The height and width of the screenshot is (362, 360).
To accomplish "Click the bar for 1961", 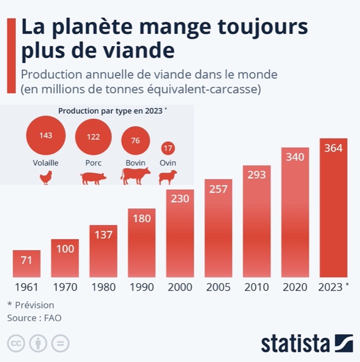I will click(x=26, y=263).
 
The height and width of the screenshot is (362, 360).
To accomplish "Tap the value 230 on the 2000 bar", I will click(x=180, y=199).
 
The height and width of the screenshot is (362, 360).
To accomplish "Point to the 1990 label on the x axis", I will click(x=141, y=287).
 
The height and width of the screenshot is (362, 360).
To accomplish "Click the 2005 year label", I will click(x=218, y=287).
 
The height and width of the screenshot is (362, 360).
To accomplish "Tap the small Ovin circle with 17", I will click(x=168, y=149).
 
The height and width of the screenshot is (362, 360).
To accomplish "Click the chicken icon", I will click(x=46, y=178).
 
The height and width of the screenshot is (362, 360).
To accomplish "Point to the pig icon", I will click(x=93, y=179).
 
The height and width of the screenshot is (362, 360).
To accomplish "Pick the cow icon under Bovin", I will click(x=135, y=177).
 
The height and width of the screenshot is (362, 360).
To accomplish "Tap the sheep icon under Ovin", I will click(x=167, y=178).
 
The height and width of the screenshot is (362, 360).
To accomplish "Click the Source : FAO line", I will click(x=34, y=318).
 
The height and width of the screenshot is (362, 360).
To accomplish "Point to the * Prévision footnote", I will click(x=30, y=305).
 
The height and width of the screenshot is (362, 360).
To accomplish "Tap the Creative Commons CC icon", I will click(x=15, y=343).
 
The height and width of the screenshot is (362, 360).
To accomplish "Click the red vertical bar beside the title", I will click(x=10, y=55).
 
